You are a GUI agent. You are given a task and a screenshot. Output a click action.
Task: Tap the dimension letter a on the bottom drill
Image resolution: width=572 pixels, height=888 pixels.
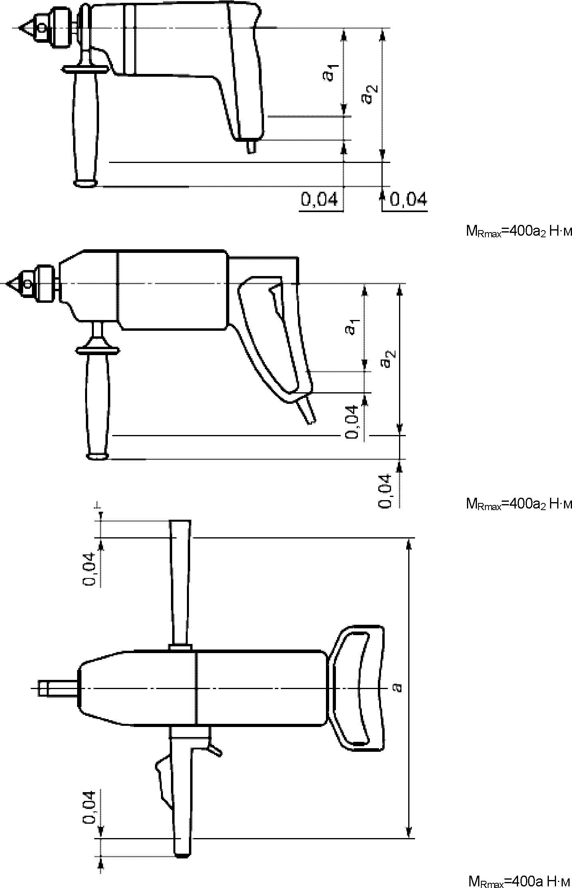click(x=397, y=687)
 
